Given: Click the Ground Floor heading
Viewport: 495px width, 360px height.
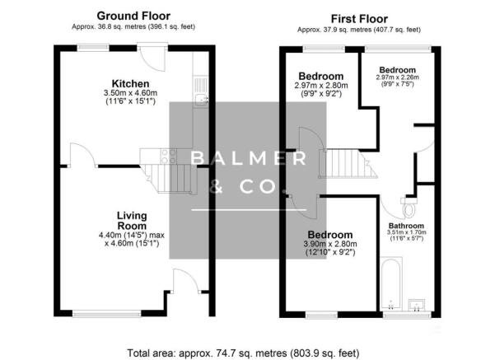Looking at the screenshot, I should (133, 16).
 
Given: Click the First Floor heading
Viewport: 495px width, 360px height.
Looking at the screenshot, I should (360, 18).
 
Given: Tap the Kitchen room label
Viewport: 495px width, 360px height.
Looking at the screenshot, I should (132, 84).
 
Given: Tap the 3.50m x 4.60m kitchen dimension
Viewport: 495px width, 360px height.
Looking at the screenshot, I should (132, 96).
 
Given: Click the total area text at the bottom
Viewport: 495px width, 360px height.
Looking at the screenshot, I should (244, 353).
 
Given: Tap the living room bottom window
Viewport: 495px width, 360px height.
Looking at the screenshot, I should (100, 312).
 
